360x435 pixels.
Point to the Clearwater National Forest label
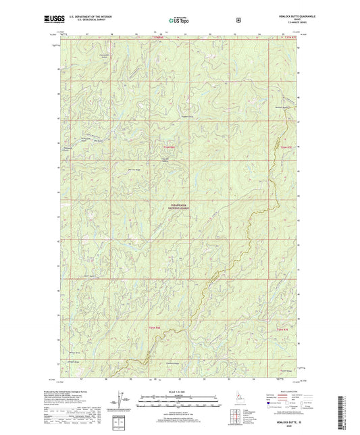pyautogui.click(x=177, y=209)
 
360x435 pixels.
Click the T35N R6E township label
pyautogui.click(x=157, y=328)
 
